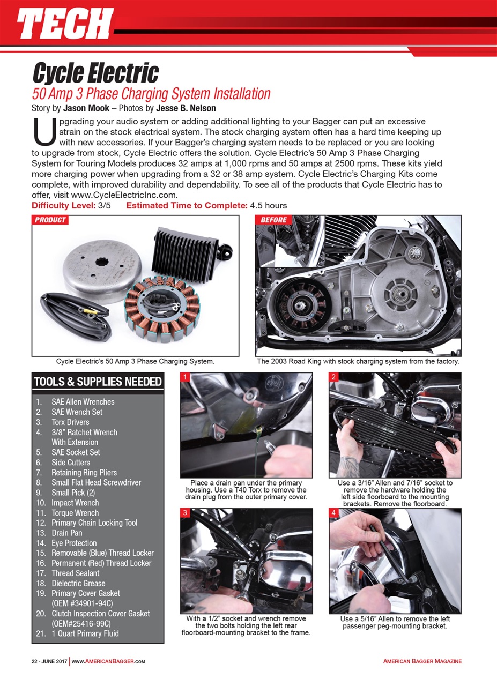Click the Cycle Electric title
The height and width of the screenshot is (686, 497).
95,72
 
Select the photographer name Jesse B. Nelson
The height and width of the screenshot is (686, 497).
186,107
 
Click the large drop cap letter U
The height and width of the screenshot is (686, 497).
44,131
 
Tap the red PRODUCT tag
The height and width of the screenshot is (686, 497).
50,220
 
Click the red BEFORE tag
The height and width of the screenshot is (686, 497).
274,220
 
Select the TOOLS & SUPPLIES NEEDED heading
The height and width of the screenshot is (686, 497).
98,382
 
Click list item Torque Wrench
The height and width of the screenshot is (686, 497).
75,513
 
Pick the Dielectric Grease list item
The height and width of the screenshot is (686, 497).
78,583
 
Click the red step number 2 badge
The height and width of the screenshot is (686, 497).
333,377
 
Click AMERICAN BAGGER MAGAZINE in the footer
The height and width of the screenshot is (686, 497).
422,661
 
